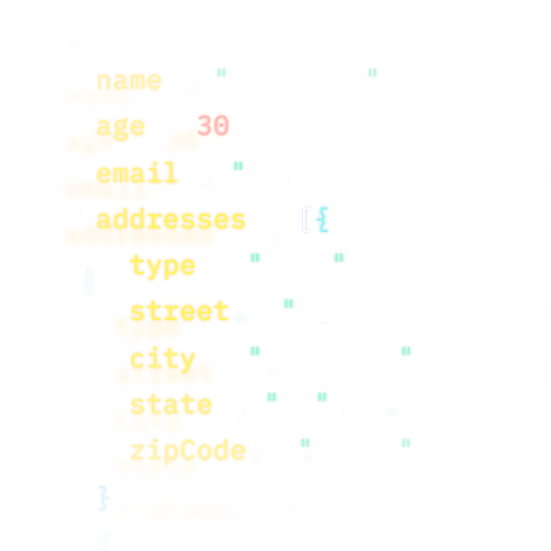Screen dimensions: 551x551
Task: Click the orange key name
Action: pos(129,80)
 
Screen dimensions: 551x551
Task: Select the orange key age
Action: pos(120,126)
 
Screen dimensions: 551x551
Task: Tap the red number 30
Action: pos(214,126)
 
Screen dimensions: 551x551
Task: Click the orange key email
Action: pos(138,173)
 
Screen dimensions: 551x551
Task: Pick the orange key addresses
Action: pos(171,220)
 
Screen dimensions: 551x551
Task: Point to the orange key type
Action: pos(162,266)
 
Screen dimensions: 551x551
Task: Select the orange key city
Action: pos(162,358)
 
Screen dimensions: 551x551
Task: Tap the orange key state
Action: pos(171,404)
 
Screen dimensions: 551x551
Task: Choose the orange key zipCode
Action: pos(187,451)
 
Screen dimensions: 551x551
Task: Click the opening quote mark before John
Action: pos(221,73)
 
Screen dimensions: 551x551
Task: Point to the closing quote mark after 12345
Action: pos(406,443)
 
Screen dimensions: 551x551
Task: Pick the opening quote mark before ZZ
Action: pos(271,397)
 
